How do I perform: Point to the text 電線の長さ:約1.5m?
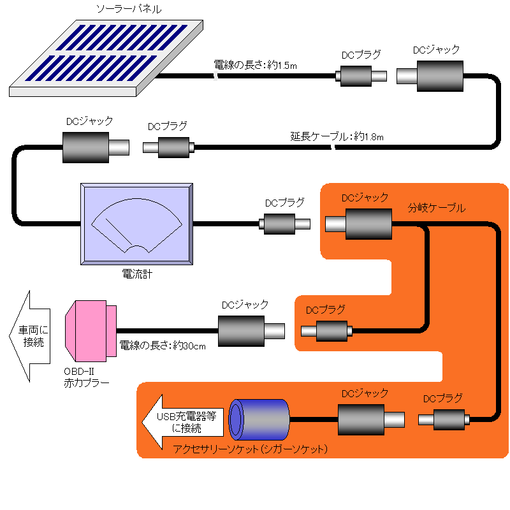pos(255,65)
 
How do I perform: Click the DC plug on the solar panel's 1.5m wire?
pos(361,76)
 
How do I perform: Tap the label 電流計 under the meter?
pos(136,275)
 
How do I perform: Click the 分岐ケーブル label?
pos(437,208)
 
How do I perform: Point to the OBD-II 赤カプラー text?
pos(86,377)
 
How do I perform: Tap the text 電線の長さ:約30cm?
pos(163,346)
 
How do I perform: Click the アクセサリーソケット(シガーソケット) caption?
pos(250,449)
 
